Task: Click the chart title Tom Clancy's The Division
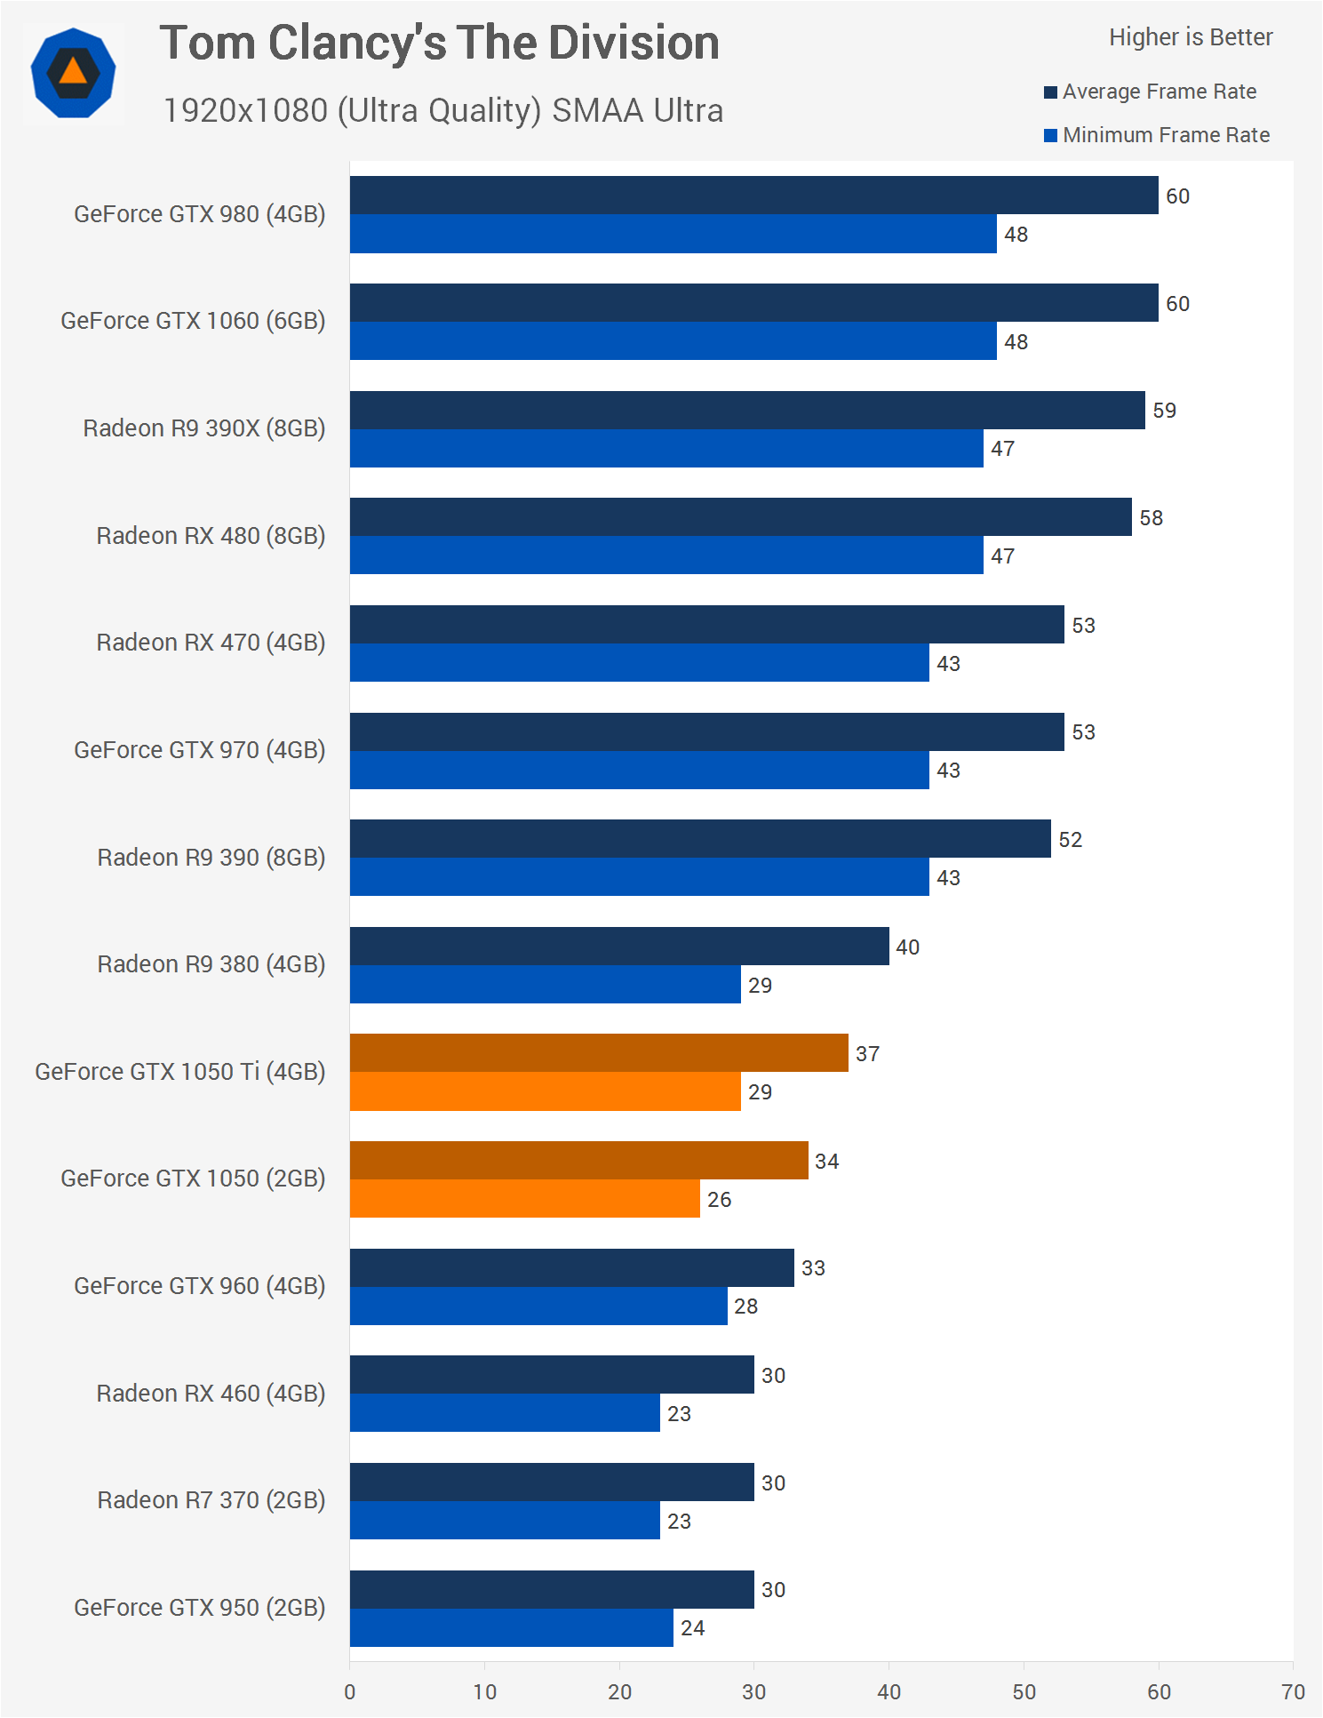[x=439, y=44]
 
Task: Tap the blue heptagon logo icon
[x=73, y=73]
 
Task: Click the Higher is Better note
[x=1190, y=37]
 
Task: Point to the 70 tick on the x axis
[x=1293, y=1691]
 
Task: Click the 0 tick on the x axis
[x=350, y=1691]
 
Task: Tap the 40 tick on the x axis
[x=889, y=1691]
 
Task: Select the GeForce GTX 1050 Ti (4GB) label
[x=180, y=1072]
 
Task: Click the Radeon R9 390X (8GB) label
[x=204, y=428]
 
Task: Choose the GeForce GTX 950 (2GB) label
[x=200, y=1608]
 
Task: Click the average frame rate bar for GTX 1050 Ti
[x=599, y=1053]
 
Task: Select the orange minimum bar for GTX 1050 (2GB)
[x=524, y=1199]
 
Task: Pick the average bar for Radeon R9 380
[x=619, y=947]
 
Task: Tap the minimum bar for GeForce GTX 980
[x=673, y=235]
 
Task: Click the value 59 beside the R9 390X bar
[x=1164, y=411]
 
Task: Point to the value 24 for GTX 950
[x=692, y=1628]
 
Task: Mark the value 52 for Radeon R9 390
[x=1070, y=840]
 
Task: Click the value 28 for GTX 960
[x=745, y=1306]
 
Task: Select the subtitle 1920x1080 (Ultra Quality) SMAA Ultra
[x=442, y=111]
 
